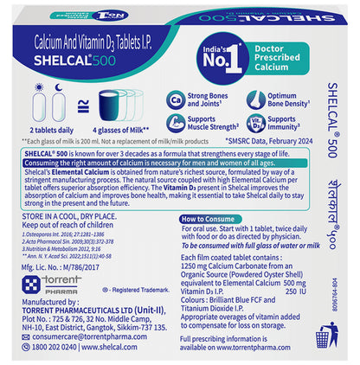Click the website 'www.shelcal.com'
[x=125, y=348]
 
